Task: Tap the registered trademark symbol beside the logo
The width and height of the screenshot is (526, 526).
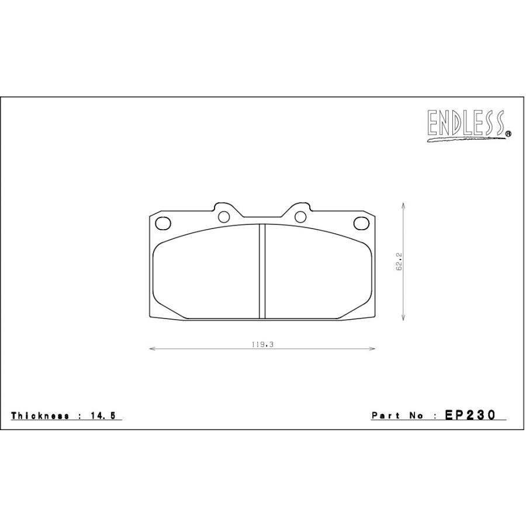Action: (x=508, y=134)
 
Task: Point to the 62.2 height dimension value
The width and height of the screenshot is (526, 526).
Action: (x=399, y=262)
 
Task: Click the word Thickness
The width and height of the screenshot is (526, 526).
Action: (x=40, y=416)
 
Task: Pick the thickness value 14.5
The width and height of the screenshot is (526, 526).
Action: (x=103, y=416)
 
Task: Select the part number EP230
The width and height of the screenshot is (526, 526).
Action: (x=470, y=415)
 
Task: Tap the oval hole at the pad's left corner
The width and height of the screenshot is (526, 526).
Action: (x=164, y=223)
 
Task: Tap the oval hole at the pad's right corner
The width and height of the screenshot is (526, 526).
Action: (x=361, y=223)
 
